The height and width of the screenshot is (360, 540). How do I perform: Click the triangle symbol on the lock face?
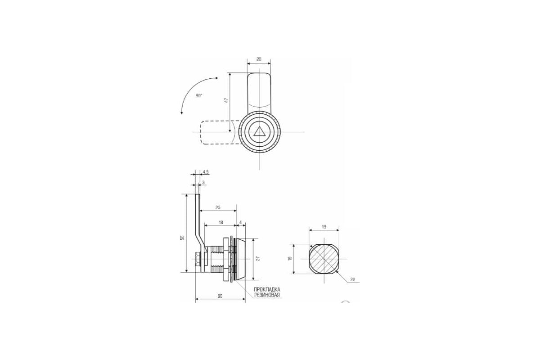coord(260,132)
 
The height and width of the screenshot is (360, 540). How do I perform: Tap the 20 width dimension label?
coord(259,59)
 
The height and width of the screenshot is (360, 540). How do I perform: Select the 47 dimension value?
coord(226,100)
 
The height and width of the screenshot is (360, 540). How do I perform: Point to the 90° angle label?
coord(199,96)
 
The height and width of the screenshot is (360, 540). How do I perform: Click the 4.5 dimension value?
coord(206,172)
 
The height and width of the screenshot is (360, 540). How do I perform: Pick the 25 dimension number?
coord(218,207)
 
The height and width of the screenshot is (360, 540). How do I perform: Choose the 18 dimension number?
coord(220,222)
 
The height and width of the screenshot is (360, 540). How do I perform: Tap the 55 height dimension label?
coord(183,237)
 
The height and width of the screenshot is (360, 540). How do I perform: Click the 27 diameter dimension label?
coord(258,258)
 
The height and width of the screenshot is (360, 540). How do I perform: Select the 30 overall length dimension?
coord(220,297)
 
